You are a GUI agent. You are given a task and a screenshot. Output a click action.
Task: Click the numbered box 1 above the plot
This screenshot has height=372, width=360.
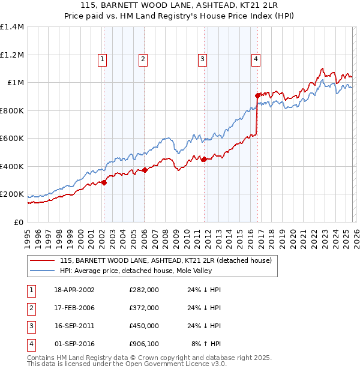click(103, 59)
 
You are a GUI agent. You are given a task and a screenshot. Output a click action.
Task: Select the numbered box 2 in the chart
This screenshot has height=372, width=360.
click(143, 59)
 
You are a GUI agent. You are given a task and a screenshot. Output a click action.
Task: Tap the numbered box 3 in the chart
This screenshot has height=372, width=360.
click(203, 59)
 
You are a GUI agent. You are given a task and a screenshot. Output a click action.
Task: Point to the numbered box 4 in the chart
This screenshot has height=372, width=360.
click(256, 59)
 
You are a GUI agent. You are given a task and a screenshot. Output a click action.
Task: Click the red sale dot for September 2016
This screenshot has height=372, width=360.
click(257, 95)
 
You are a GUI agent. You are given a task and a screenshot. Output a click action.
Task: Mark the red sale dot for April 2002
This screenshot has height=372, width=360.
click(104, 183)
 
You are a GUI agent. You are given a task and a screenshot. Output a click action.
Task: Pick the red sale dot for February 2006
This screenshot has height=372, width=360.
click(145, 170)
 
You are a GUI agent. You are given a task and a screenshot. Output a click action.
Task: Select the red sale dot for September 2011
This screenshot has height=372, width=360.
click(204, 160)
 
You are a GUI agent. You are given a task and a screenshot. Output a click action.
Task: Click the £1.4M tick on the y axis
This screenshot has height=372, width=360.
click(11, 27)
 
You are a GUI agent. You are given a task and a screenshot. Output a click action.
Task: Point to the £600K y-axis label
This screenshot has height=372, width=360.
click(11, 139)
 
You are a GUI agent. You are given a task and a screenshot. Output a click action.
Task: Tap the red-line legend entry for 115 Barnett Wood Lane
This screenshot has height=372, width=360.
click(166, 260)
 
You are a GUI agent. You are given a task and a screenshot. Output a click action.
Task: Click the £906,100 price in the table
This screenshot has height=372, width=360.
click(144, 344)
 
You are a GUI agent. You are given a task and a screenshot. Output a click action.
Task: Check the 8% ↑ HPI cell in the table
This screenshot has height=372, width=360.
click(206, 344)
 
